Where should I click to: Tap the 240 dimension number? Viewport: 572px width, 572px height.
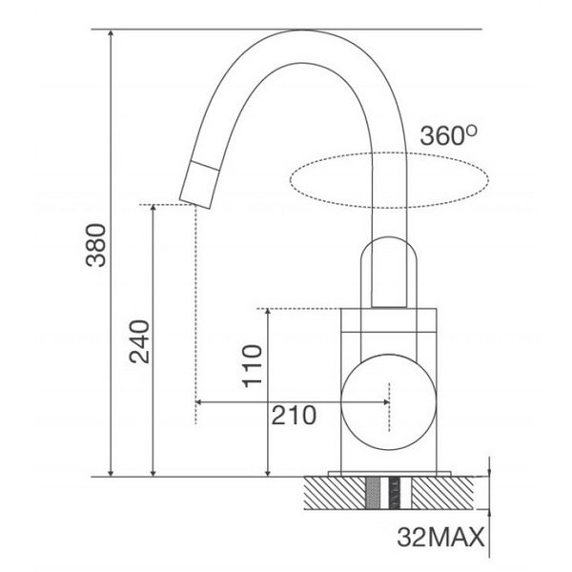(139, 339)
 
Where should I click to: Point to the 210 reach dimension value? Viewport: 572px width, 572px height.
(294, 416)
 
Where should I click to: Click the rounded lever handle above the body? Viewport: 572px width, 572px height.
(388, 273)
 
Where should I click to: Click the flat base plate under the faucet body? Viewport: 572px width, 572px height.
(388, 473)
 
